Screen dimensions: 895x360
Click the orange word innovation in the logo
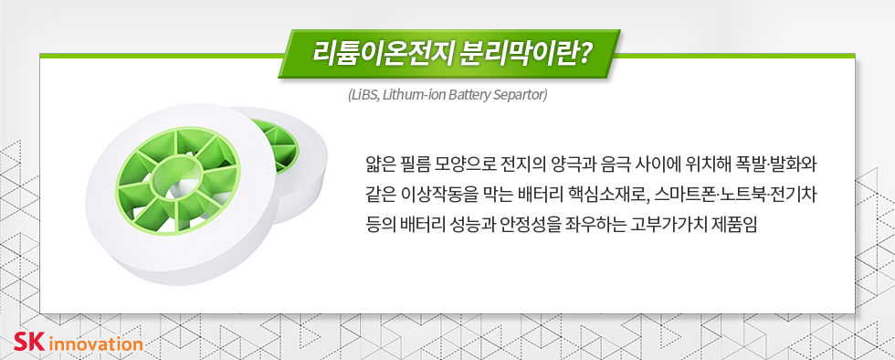coord(96,344)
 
